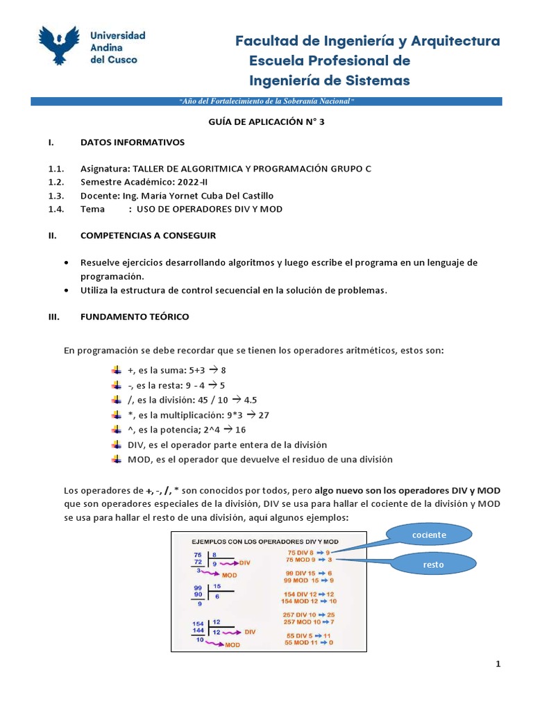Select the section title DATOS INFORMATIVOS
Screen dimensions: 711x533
[x=133, y=142]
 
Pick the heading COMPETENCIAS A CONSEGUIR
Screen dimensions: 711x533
[x=148, y=235]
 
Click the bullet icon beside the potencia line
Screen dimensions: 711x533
[x=116, y=429]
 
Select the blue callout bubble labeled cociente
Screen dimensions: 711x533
[x=428, y=535]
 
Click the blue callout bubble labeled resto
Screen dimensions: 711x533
[x=433, y=565]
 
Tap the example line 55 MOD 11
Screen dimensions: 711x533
[x=310, y=643]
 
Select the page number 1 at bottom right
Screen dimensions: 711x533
[x=498, y=664]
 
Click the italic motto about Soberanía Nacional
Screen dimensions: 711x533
[x=266, y=101]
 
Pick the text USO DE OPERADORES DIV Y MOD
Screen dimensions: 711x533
[x=210, y=209]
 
